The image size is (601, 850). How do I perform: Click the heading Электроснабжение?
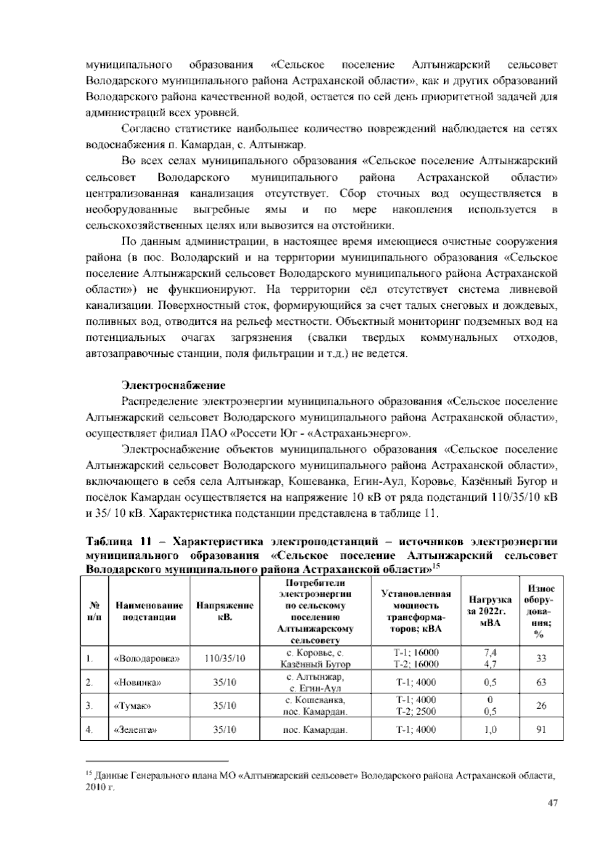coord(173,385)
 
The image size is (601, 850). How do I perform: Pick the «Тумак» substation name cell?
coord(133,706)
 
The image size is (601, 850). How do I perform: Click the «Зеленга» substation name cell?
coord(136,730)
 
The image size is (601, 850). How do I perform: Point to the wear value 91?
coord(541,730)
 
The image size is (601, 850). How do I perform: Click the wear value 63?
coord(541,682)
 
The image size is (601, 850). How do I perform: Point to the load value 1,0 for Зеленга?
coord(490,730)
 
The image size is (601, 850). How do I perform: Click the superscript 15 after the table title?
coord(436,567)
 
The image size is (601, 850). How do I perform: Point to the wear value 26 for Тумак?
coord(541,706)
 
